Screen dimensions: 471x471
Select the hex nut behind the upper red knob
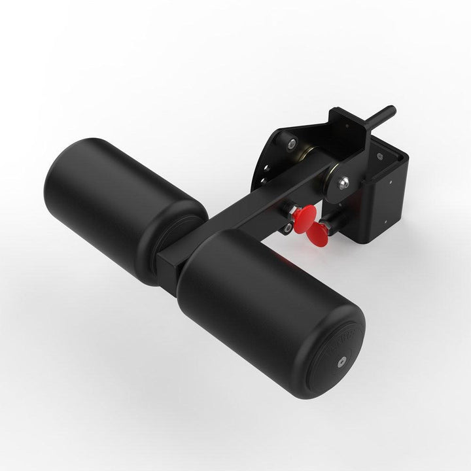(x=290, y=211)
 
